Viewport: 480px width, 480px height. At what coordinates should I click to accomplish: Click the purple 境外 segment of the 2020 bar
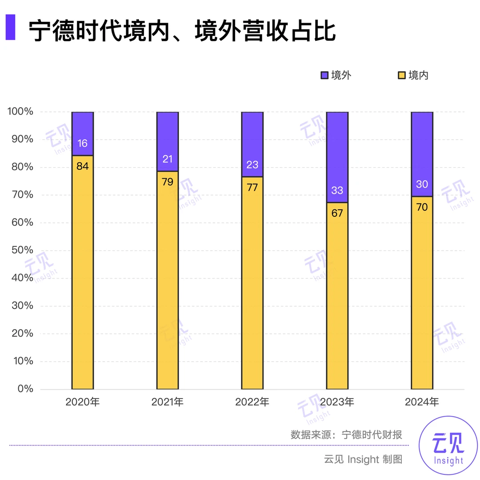(82, 133)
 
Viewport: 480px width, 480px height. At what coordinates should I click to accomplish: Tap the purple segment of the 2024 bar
(421, 153)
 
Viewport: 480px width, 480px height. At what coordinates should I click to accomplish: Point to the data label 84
(82, 167)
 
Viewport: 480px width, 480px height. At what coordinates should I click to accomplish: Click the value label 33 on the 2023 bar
(337, 191)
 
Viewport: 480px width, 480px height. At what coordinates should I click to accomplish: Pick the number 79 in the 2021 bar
(167, 182)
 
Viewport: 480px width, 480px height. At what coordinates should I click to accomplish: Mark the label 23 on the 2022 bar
(252, 165)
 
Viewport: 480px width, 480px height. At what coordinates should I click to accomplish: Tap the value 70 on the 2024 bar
(421, 207)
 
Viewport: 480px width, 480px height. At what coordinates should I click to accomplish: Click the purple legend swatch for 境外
(324, 76)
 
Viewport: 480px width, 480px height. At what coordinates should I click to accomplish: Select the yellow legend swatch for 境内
(401, 76)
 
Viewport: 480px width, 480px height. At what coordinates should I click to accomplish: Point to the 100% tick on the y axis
(20, 112)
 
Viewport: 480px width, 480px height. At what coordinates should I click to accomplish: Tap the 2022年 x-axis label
(252, 403)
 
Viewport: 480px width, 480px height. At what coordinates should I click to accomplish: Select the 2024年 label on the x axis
(421, 403)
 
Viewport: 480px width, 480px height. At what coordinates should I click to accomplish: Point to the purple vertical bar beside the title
(10, 28)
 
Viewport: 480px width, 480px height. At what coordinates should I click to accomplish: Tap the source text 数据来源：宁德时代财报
(346, 434)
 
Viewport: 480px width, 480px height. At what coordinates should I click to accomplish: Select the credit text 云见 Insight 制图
(363, 459)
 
